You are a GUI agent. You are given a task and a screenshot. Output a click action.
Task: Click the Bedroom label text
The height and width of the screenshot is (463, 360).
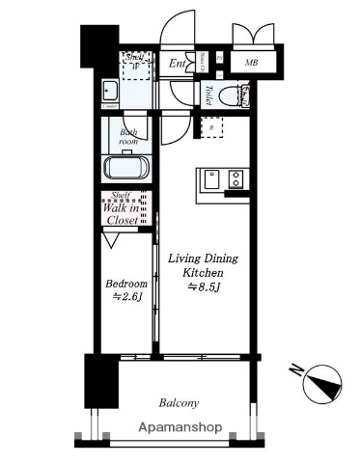[126, 284]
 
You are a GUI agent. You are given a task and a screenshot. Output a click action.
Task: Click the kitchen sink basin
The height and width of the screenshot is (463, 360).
[210, 178]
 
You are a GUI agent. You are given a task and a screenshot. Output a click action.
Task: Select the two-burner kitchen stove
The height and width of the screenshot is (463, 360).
[235, 178]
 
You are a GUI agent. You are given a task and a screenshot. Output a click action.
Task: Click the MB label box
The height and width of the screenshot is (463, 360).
[251, 64]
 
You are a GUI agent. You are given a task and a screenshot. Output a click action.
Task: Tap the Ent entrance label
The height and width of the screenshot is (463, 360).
[178, 64]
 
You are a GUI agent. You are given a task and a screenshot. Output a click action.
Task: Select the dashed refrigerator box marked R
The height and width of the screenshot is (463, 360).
[209, 125]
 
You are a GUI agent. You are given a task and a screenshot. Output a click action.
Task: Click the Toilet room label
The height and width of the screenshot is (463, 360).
[208, 95]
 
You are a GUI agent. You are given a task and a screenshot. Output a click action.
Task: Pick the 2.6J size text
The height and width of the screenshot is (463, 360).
[127, 297]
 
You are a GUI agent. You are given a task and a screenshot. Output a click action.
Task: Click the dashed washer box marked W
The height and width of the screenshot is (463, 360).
[135, 66]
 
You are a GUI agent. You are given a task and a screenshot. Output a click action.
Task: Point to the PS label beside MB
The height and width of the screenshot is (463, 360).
[220, 59]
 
